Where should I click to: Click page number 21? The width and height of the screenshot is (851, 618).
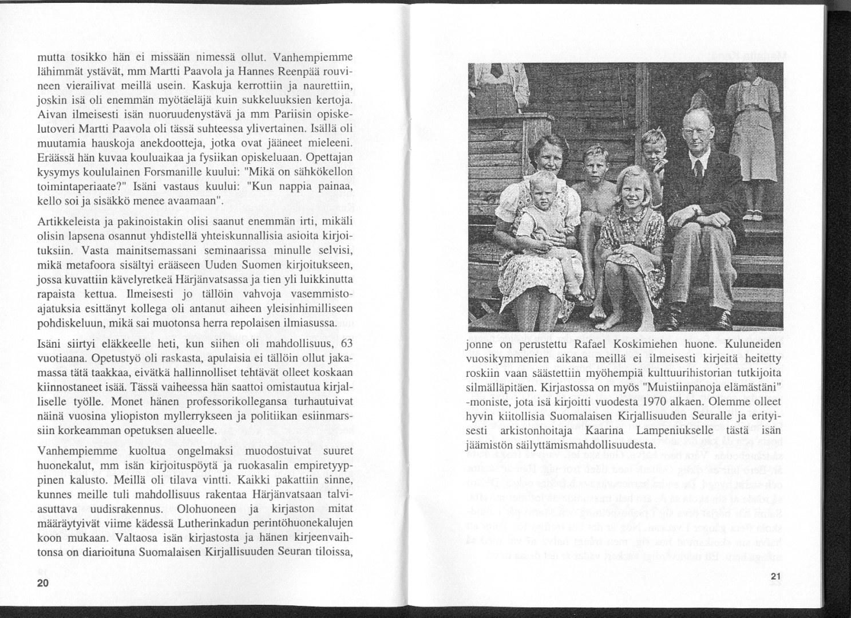(775, 576)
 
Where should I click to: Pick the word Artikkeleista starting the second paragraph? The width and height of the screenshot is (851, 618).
(64, 222)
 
